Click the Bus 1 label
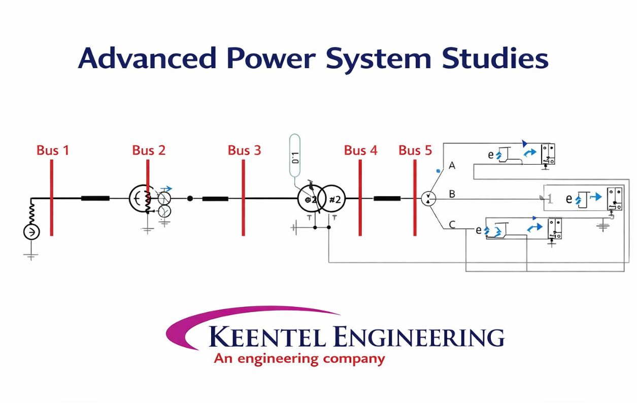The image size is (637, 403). pos(52,150)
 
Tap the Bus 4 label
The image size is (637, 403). pos(360,150)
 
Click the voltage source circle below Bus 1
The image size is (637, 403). pos(31,233)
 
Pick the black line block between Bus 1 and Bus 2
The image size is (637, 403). pos(95,198)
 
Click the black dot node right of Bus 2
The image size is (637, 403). pos(190,198)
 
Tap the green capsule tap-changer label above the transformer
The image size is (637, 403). pos(295,155)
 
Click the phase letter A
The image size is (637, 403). pos(452,166)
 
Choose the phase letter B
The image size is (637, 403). pos(452,194)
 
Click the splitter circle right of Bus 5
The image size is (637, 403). pos(429,199)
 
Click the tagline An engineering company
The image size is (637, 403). pos(299,359)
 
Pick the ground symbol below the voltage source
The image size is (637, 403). pos(31,256)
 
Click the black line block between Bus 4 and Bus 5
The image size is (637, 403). pos(387,198)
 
